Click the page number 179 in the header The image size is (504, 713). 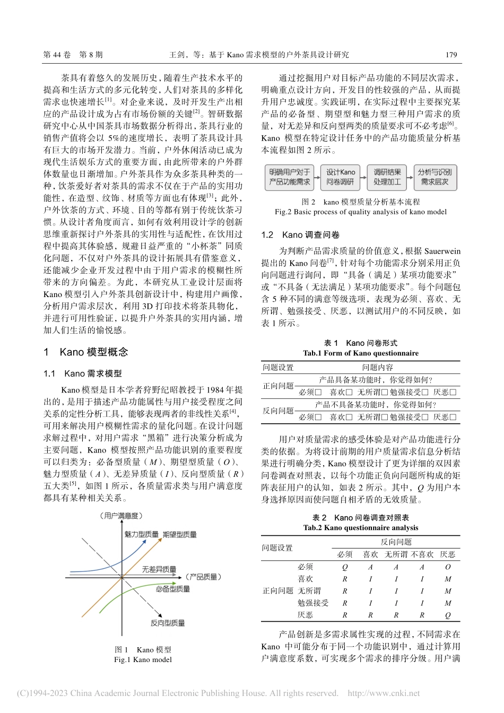[x=451, y=55]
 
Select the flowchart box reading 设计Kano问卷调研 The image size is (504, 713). [x=341, y=177]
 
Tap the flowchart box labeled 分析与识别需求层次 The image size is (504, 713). [x=435, y=177]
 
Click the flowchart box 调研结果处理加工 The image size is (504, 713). [x=387, y=177]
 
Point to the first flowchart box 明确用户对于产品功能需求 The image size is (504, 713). [x=289, y=177]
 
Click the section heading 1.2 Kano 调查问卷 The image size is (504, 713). [x=300, y=234]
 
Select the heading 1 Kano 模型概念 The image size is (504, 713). [x=86, y=352]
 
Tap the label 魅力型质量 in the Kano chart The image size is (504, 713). [x=141, y=534]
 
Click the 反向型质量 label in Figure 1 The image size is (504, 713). [x=168, y=623]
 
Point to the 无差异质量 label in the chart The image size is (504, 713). [x=159, y=569]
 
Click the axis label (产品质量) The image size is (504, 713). [x=204, y=577]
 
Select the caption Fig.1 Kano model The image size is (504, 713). [x=143, y=659]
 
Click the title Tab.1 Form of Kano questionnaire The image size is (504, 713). [x=361, y=353]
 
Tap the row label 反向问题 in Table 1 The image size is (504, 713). [x=278, y=411]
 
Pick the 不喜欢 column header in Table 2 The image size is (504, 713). [x=422, y=554]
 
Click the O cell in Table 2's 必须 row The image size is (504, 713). [x=448, y=567]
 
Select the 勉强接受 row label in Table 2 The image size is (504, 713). [x=313, y=603]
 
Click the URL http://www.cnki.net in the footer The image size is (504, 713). [x=384, y=693]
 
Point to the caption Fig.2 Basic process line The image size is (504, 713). [x=361, y=212]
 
